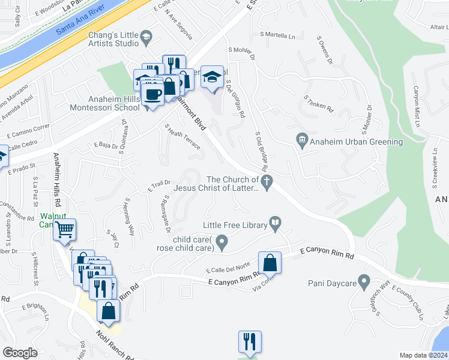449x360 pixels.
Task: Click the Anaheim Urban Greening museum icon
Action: point(303,142)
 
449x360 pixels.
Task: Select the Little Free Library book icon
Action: point(276,224)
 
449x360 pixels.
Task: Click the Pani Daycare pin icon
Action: point(364,281)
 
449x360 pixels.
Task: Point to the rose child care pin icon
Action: point(222,244)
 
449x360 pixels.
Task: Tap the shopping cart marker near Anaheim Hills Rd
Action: point(64,229)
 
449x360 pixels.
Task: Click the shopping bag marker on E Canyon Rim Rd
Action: point(270,262)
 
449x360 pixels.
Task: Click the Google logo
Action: point(20,353)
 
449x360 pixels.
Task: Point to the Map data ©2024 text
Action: point(424,355)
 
